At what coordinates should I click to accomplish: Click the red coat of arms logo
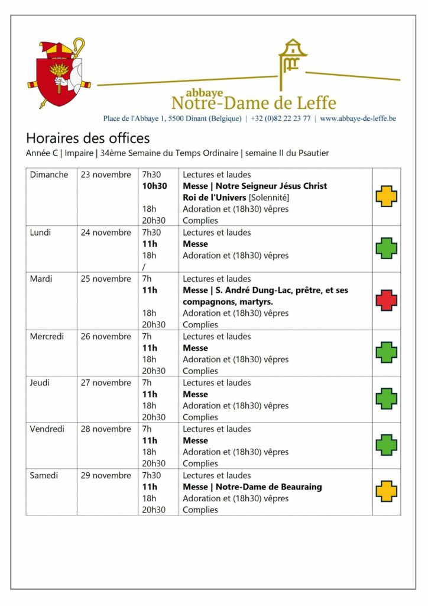coord(57,73)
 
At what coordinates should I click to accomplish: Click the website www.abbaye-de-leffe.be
coord(358,118)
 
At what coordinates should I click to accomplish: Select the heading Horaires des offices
coord(87,138)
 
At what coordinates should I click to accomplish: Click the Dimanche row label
coord(49,175)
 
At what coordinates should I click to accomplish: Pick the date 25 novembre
coord(106,279)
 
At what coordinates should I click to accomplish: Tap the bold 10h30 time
coord(154,186)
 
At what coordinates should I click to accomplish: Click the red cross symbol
coord(387,301)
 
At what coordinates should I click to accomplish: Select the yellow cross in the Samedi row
coord(387,491)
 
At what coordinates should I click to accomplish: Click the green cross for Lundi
coord(387,249)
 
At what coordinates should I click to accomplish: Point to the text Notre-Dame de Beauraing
coord(268,487)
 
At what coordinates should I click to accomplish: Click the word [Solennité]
coord(269,198)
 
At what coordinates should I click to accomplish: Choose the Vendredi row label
coord(47,429)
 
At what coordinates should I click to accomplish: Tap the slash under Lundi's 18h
coord(144,266)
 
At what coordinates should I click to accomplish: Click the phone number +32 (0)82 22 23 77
coord(280,118)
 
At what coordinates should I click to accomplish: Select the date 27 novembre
coord(106,383)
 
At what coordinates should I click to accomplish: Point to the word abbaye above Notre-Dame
coord(204,93)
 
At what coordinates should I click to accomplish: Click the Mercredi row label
coord(47,336)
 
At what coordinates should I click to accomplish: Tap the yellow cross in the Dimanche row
coord(387,196)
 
